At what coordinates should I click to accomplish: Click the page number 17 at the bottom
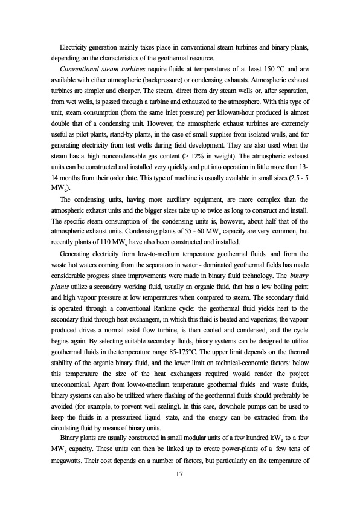tap(179, 475)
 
